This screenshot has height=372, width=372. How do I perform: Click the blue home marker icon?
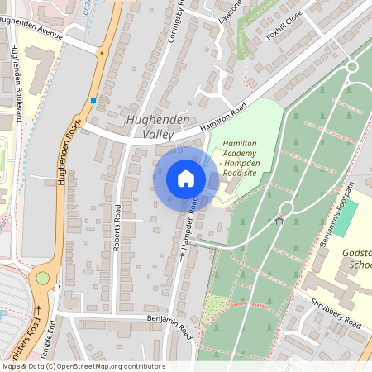[x=185, y=179]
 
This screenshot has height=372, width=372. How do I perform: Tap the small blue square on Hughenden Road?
[x=94, y=100]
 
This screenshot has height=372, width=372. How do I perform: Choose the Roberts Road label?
[x=117, y=227]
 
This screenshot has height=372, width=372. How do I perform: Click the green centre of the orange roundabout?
[x=42, y=279]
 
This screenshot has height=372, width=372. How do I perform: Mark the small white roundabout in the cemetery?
[x=286, y=207]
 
